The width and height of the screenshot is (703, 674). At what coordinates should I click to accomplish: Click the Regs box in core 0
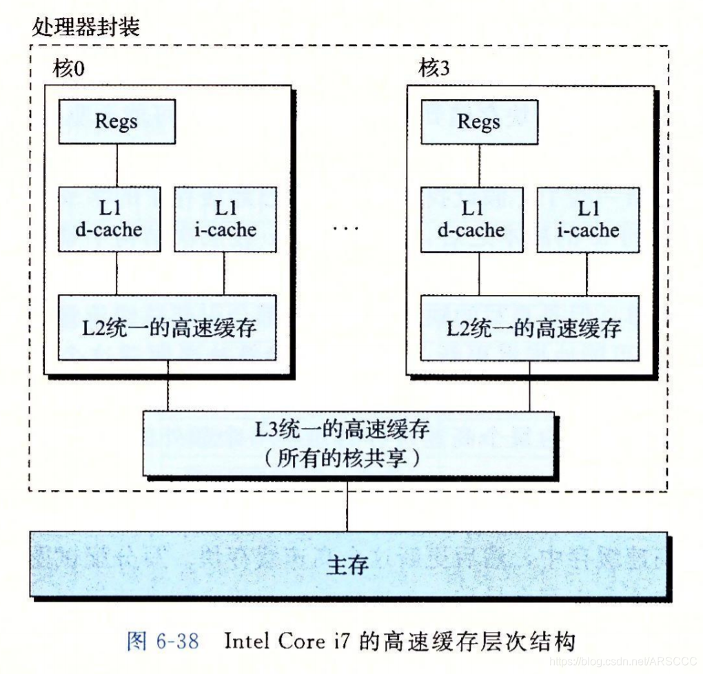pos(116,121)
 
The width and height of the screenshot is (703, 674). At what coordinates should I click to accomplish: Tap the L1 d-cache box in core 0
pos(110,218)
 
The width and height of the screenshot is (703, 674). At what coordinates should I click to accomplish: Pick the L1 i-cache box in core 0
pos(225,218)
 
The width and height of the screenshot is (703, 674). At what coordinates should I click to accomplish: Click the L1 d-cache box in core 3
pos(472,218)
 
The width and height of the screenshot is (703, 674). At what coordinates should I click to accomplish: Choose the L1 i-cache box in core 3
pos(588,218)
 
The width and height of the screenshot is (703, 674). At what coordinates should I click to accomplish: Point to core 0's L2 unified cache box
pos(167,327)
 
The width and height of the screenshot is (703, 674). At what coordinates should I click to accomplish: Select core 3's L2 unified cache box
pos(530,327)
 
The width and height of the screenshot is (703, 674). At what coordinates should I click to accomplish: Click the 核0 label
pos(69,68)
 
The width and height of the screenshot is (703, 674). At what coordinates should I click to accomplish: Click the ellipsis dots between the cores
pos(345,227)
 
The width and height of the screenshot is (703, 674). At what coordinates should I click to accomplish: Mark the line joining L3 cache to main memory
pos(347,504)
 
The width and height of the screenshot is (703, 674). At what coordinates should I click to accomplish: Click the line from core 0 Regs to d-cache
pos(116,165)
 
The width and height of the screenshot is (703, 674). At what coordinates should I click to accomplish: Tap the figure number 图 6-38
pos(163,642)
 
